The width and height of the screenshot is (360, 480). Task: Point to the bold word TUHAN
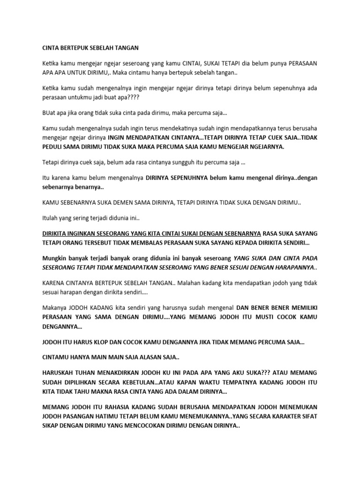point(86,374)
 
